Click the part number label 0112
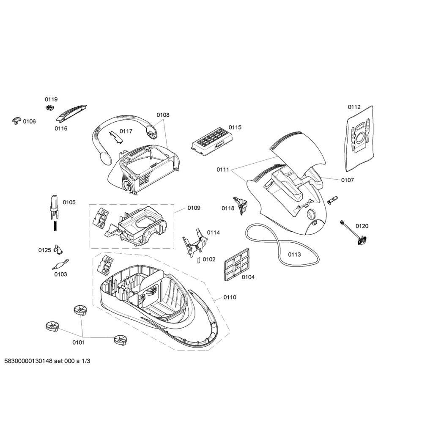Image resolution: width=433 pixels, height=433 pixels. coord(354,107)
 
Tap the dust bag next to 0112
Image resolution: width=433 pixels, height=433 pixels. coord(360,138)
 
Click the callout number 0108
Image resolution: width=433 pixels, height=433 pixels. coord(163,115)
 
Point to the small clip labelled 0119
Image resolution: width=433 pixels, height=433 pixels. coord(49,108)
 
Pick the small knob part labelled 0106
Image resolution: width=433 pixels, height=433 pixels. coord(17,121)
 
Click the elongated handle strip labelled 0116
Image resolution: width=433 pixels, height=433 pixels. coord(71,113)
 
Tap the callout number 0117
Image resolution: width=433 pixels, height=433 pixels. coord(126,131)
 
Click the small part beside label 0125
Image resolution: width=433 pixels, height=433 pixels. coord(58,249)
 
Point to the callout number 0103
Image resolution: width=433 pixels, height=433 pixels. coord(60,274)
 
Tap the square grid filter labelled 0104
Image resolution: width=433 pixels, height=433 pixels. coord(236,264)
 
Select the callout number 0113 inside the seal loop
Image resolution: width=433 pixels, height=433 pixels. coord(294,254)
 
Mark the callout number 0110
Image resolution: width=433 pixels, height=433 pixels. coord(230,297)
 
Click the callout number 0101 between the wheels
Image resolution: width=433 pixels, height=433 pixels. coord(78,343)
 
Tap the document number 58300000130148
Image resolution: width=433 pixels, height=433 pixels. coord(28,361)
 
